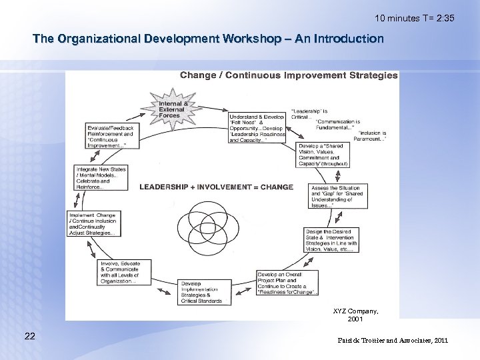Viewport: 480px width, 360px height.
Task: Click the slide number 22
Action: (30, 335)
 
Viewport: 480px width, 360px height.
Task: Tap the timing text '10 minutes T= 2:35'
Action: (414, 18)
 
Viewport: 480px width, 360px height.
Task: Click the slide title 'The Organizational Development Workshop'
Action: (208, 39)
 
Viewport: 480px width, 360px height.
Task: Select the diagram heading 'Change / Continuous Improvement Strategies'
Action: (289, 75)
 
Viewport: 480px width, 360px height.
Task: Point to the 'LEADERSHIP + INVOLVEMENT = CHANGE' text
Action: (215, 187)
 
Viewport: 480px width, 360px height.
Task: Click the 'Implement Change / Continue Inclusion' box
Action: (93, 224)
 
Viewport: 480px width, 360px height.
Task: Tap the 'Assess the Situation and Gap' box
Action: (336, 196)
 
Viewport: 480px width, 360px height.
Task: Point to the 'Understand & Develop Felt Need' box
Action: (257, 128)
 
